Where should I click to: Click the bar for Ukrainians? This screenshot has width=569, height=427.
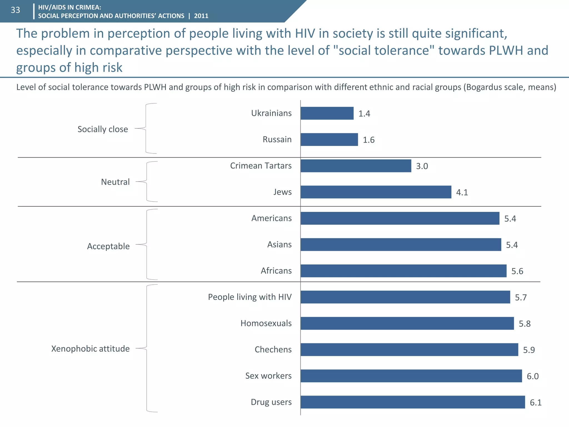tap(327, 113)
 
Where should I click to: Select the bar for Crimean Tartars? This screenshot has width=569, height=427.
tap(356, 166)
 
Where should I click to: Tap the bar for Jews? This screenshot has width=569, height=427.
tap(376, 192)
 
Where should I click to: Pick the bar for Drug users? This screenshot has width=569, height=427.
tap(413, 402)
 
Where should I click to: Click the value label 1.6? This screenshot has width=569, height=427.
tap(369, 140)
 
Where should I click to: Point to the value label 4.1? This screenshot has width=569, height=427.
tap(462, 192)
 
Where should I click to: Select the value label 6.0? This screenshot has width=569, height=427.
tap(533, 376)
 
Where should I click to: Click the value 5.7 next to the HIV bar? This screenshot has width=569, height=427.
tap(521, 297)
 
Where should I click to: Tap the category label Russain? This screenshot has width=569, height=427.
tap(277, 139)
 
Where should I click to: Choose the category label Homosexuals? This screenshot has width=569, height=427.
tap(266, 323)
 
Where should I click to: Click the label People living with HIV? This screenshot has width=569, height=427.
tap(249, 297)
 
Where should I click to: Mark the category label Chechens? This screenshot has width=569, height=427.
tap(273, 349)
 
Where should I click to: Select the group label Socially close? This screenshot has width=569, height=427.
tap(103, 129)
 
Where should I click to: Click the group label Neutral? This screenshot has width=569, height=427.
tap(115, 182)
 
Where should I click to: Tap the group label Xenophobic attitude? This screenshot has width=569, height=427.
tap(90, 349)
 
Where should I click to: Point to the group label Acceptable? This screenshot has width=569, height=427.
tap(108, 246)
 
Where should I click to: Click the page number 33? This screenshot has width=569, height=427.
tap(15, 10)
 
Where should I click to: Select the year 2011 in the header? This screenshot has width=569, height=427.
tap(201, 16)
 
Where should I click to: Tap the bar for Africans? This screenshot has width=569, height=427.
tap(403, 271)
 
